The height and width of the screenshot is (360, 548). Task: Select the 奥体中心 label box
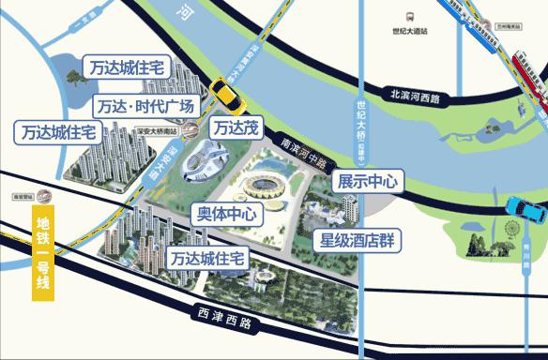pos(224,212)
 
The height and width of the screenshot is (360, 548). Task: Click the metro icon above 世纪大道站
pos(411,17)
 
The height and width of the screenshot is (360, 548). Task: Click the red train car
pos(530,78)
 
